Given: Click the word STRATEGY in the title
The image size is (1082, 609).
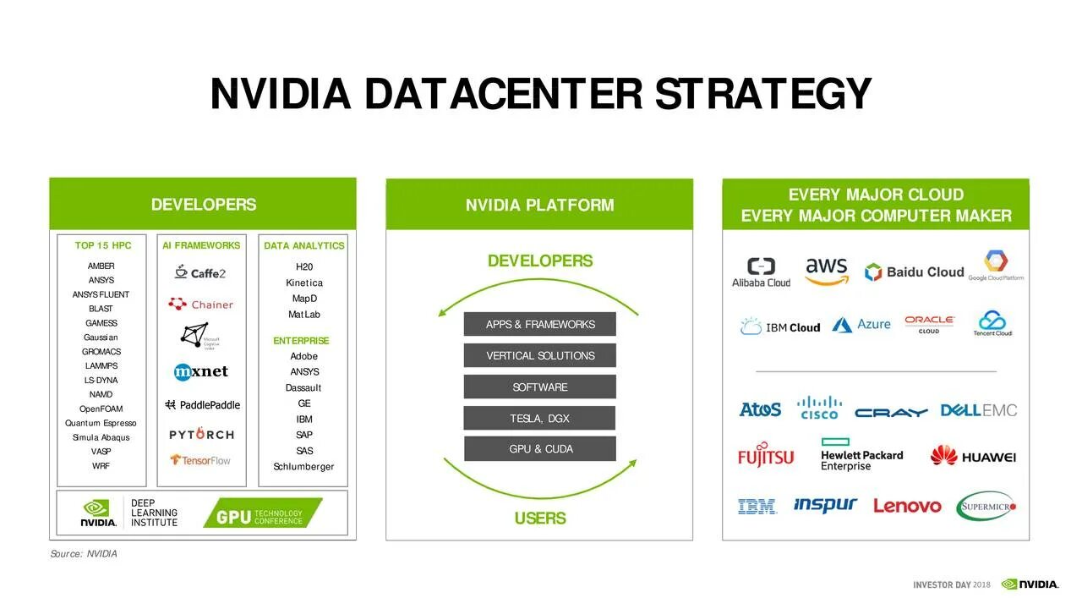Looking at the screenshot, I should tap(762, 94).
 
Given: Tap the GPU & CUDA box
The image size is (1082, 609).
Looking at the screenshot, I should tap(540, 449).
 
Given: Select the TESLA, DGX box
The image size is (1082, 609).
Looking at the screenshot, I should tap(540, 419).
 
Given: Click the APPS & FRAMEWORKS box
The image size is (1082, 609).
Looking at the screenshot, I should tap(540, 325).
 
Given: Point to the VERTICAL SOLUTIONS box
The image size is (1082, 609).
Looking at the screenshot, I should tap(540, 356).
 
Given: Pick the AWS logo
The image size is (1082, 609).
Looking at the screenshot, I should tap(826, 272).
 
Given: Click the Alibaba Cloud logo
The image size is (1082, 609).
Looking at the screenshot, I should tap(761, 272).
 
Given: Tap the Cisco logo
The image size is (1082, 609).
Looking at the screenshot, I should tap(819, 409).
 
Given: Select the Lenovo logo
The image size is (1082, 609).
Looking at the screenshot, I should tap(907, 506).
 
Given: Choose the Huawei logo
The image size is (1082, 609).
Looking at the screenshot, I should tap(973, 457).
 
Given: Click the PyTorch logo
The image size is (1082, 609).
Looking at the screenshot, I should tap(201, 435).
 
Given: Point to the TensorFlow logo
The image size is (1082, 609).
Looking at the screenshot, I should tap(200, 460).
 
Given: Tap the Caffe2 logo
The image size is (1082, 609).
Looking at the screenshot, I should tap(200, 272).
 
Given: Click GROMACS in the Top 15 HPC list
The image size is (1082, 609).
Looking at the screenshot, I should tap(101, 352).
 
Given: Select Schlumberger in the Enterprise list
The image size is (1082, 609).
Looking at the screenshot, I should tap(303, 467).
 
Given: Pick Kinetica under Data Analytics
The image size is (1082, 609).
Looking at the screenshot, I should tap(303, 283).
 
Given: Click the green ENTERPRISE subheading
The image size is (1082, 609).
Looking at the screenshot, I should tap(301, 341).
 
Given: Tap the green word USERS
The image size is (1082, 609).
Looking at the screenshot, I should tap(540, 518).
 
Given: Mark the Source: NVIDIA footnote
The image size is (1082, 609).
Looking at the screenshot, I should tap(84, 554).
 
